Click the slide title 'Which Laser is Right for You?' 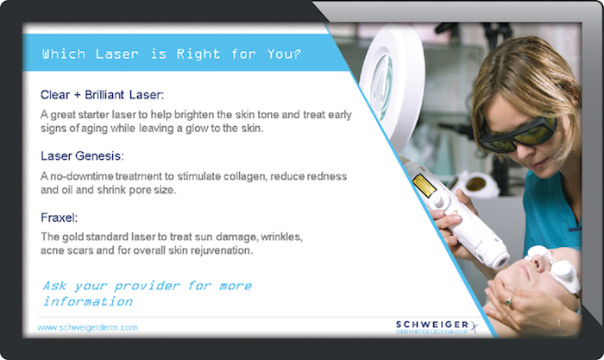(172, 54)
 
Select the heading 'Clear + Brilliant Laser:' (102, 95)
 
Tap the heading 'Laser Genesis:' (82, 156)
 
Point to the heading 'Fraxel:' (59, 218)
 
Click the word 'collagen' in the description (246, 176)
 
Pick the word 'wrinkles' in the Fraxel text (281, 237)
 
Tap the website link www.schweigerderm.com (87, 327)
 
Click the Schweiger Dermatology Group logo (437, 327)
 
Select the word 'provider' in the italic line (147, 286)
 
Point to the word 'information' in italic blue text (88, 301)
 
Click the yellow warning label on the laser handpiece (424, 186)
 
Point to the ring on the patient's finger (510, 300)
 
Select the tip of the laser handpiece (502, 262)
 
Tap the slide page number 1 (558, 323)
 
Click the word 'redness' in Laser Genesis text (328, 176)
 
